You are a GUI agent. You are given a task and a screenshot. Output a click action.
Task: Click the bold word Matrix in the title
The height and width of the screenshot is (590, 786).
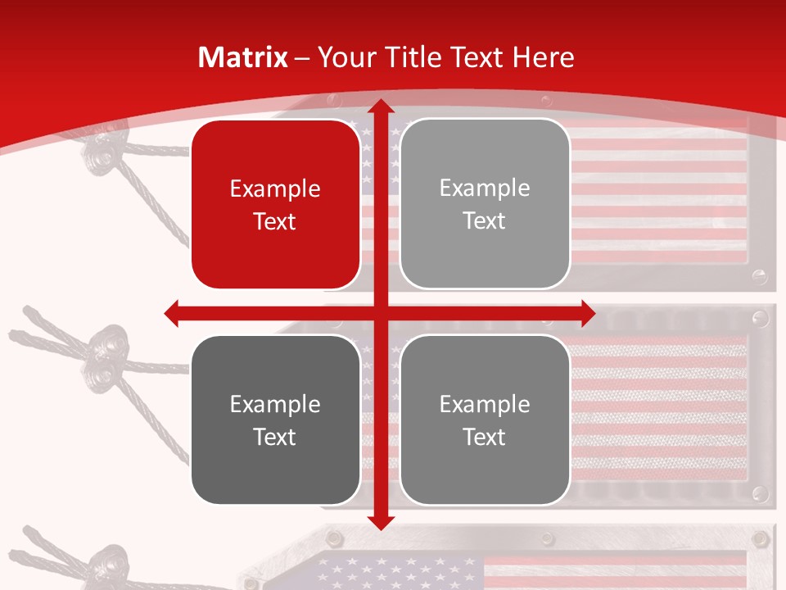click(243, 57)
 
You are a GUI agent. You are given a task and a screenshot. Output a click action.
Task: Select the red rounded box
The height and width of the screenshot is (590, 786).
click(276, 205)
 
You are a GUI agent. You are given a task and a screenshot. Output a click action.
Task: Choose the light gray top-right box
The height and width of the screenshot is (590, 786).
click(485, 204)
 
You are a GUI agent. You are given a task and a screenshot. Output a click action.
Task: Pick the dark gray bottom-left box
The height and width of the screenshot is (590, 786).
click(276, 420)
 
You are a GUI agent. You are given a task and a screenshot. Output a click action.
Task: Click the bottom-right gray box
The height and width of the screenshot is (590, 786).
click(485, 420)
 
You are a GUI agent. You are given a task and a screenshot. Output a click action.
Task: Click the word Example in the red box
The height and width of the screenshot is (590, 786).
click(275, 189)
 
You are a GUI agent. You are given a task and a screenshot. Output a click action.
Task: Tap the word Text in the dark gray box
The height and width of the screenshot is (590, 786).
click(275, 437)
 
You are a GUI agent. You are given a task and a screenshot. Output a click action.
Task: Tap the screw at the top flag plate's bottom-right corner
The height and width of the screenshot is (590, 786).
click(761, 276)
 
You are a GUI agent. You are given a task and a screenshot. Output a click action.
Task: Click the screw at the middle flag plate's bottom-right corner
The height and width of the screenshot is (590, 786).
click(761, 493)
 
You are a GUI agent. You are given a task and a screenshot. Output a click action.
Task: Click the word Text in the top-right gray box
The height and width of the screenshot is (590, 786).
click(485, 220)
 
